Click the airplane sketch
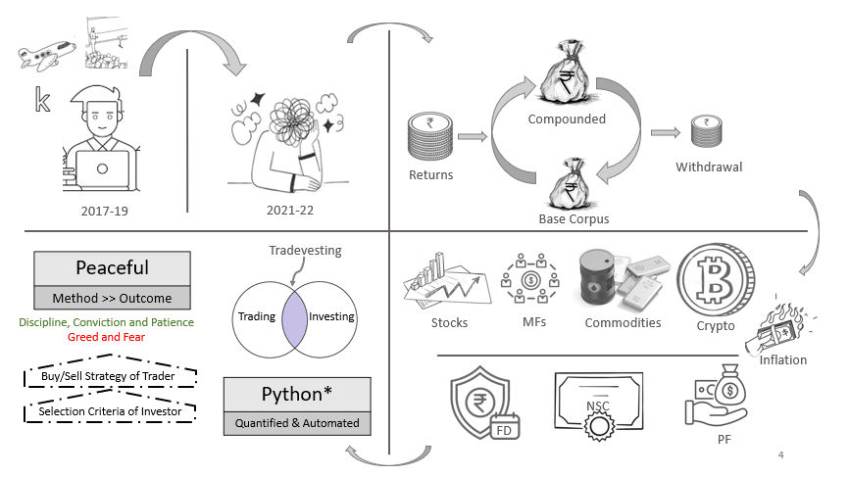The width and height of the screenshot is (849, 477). [x=45, y=55]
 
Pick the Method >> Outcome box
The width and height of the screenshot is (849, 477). [x=112, y=299]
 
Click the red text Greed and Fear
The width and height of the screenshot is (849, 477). [x=105, y=336]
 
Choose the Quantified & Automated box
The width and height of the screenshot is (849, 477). [x=298, y=424]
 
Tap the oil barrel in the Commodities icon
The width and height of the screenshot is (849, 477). [x=602, y=278]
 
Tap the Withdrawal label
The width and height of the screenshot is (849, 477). [x=709, y=167]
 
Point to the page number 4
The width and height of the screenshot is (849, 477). [x=780, y=454]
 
